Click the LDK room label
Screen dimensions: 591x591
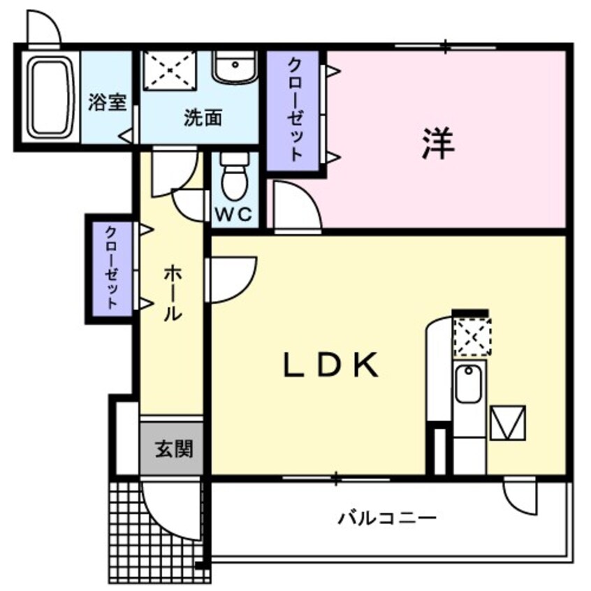(x=330, y=365)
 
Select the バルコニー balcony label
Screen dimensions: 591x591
(x=388, y=518)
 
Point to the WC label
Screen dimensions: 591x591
(x=233, y=215)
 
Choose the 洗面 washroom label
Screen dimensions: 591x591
(x=203, y=118)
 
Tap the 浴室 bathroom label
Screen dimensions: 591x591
(x=107, y=102)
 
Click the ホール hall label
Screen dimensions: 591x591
(x=172, y=292)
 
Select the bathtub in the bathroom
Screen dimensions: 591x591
(x=50, y=96)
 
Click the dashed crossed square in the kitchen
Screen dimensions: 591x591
(x=472, y=337)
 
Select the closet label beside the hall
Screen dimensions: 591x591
(x=111, y=268)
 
